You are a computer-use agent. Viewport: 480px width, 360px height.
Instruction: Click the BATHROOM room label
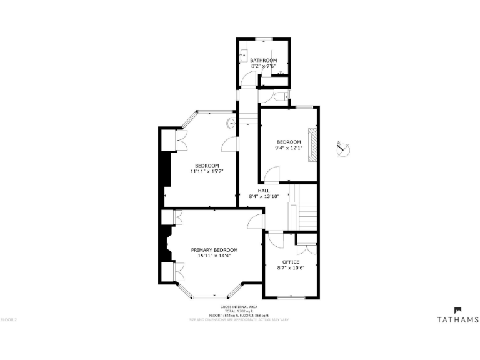[x=263, y=60]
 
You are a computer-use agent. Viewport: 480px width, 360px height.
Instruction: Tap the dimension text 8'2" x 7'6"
[x=263, y=66]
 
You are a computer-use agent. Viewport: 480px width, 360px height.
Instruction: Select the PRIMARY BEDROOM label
[x=214, y=250]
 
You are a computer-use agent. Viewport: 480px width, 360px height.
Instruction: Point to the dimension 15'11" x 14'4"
[x=214, y=256]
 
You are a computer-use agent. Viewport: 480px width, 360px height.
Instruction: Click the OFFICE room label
[x=291, y=262]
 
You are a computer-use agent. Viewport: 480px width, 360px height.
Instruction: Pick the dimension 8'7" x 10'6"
[x=291, y=267]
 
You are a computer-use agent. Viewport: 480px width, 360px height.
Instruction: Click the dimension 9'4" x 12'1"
[x=289, y=147]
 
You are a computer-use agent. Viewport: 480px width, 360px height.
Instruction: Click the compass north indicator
[x=342, y=150]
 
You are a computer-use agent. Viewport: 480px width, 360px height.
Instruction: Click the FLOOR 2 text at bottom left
[x=9, y=320]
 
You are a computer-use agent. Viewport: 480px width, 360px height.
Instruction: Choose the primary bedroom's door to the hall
[x=256, y=222]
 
